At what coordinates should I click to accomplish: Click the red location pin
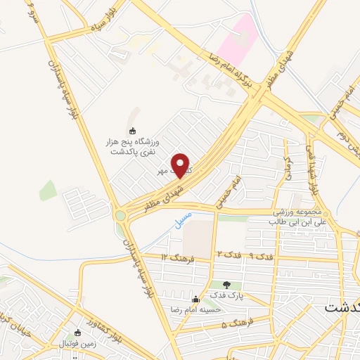point(181,165)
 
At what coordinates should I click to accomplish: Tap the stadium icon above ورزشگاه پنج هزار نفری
point(132,129)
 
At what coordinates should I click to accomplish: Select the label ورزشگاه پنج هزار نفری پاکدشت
point(134,145)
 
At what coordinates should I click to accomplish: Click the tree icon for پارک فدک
point(225,284)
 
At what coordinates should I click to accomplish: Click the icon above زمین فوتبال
point(78,333)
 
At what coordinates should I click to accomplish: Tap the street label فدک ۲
point(228,253)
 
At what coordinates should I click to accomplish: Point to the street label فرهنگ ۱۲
point(174,258)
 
